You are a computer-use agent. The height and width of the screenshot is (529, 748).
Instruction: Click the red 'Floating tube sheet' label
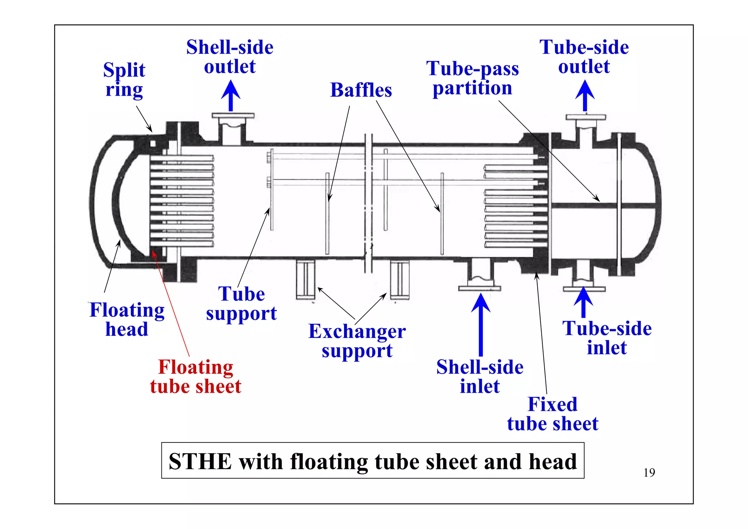[x=196, y=377]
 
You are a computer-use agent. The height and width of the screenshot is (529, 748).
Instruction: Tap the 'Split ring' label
[x=124, y=80]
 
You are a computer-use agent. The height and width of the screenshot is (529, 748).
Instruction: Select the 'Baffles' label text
[x=361, y=90]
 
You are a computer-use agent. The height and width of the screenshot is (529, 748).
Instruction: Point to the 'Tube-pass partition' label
[x=472, y=78]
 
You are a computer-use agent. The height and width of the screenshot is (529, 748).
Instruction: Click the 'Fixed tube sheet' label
[x=553, y=414]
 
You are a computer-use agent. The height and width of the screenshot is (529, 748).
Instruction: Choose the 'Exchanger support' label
[x=357, y=341]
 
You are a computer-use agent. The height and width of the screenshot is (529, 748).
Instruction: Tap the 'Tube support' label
[x=241, y=304]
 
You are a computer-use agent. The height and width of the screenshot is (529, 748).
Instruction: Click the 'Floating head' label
[x=127, y=319]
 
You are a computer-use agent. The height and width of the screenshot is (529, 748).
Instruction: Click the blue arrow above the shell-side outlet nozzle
[x=230, y=96]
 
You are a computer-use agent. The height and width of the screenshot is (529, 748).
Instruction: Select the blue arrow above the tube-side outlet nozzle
[x=585, y=96]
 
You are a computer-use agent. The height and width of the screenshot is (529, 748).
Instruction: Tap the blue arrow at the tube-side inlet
[x=583, y=302]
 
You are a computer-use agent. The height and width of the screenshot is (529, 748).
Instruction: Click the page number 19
[x=649, y=473]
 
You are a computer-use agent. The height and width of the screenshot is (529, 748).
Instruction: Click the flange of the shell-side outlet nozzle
[x=233, y=116]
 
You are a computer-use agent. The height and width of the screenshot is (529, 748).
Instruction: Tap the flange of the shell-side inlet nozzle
[x=480, y=288]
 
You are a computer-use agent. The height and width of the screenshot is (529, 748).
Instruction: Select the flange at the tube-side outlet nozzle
[x=585, y=117]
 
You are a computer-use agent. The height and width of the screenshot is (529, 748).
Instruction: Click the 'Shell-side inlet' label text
[x=480, y=377]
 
